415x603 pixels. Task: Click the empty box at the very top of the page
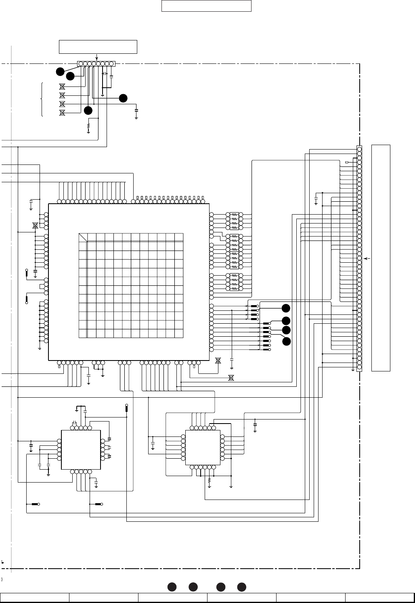[206, 6]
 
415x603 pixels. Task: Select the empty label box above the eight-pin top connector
[98, 46]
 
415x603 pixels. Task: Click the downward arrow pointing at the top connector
[96, 57]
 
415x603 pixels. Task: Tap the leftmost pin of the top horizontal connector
[81, 64]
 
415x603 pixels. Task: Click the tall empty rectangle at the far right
[381, 257]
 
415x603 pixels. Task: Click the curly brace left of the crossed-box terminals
[42, 99]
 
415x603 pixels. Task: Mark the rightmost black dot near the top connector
[123, 97]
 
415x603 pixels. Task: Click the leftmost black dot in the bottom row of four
[171, 586]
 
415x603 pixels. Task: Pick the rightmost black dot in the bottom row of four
[241, 586]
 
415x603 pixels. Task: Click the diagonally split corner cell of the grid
[83, 237]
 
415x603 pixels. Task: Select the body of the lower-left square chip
[81, 450]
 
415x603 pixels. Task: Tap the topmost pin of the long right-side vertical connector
[359, 149]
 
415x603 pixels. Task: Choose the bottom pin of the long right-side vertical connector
[359, 367]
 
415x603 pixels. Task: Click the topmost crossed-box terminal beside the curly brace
[62, 86]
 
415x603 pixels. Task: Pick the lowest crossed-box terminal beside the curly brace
[62, 113]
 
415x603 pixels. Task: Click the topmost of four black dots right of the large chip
[286, 308]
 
